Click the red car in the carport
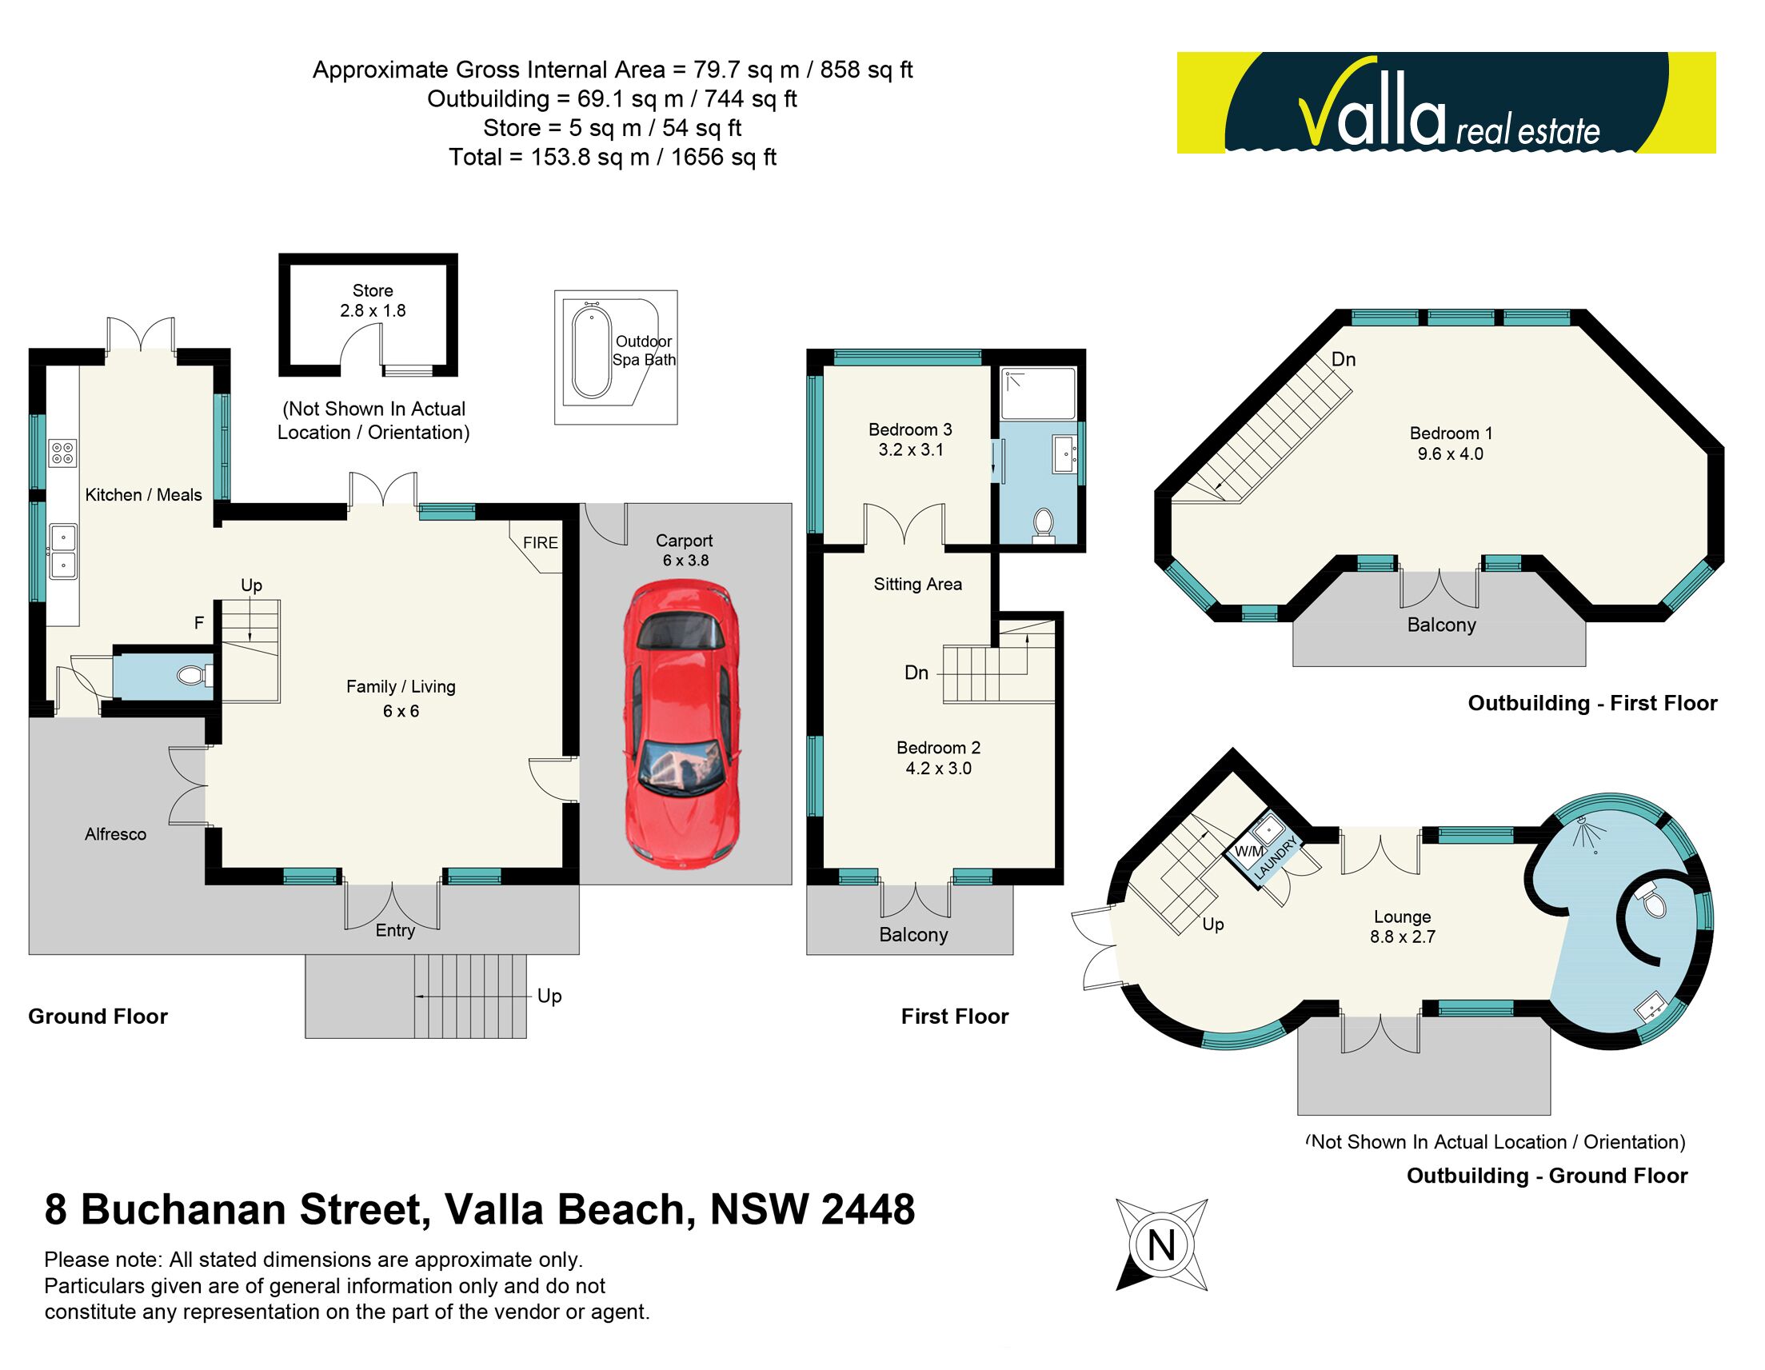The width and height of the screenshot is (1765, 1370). (x=681, y=724)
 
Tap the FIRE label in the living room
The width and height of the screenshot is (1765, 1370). (x=540, y=542)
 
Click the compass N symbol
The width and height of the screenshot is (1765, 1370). (x=1161, y=1244)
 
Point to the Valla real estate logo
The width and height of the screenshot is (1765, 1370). (x=1445, y=103)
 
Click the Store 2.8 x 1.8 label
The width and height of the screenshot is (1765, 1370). (x=372, y=300)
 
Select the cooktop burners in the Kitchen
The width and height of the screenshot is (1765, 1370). (x=62, y=453)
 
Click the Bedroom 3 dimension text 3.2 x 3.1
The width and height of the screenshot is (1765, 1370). (x=910, y=450)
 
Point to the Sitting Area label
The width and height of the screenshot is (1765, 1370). (x=917, y=584)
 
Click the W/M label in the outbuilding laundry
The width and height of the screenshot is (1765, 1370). (x=1248, y=851)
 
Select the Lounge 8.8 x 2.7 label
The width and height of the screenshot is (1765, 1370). (x=1402, y=926)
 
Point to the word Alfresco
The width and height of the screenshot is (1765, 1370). (x=116, y=834)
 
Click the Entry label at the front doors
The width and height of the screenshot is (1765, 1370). (x=394, y=930)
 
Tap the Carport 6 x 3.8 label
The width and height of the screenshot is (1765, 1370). (x=685, y=549)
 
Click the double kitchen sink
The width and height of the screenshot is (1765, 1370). (x=63, y=551)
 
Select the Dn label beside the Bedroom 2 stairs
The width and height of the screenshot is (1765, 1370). (x=916, y=673)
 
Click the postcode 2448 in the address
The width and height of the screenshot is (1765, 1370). (x=869, y=1210)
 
